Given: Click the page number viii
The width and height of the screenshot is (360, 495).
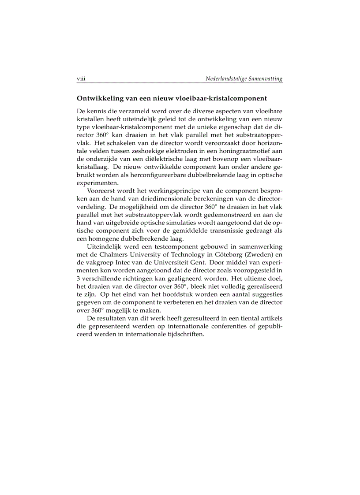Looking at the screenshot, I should (81, 79).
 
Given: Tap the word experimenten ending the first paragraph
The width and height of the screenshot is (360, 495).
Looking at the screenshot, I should (93, 183).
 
